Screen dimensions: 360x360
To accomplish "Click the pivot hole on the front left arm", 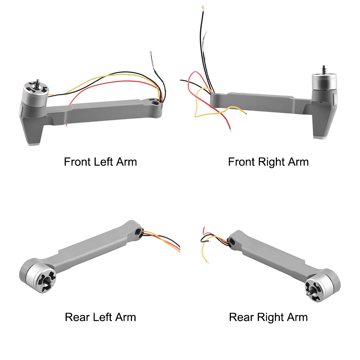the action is [155, 103].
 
